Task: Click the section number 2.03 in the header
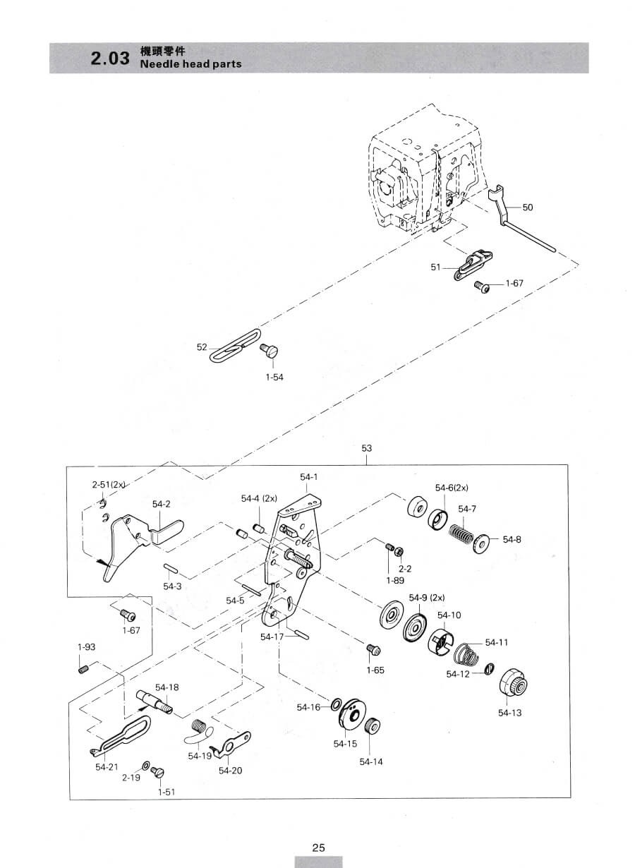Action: pyautogui.click(x=110, y=59)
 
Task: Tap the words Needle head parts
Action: pyautogui.click(x=190, y=64)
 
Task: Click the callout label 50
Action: pyautogui.click(x=528, y=207)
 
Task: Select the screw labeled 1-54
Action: pyautogui.click(x=270, y=351)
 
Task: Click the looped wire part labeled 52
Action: pyautogui.click(x=235, y=345)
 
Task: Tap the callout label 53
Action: pyautogui.click(x=366, y=448)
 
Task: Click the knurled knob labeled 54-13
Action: pyautogui.click(x=514, y=683)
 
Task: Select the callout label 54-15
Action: pyautogui.click(x=345, y=744)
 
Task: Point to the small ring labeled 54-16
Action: pyautogui.click(x=336, y=704)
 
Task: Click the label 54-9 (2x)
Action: pyautogui.click(x=427, y=598)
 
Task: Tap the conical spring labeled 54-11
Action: pyautogui.click(x=467, y=653)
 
